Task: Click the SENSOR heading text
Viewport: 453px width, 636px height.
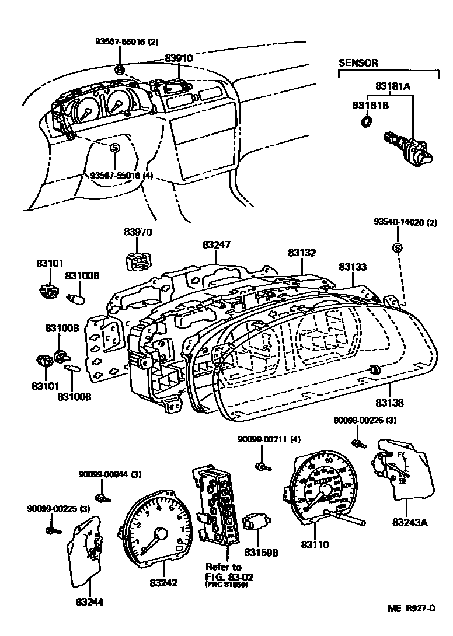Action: [x=358, y=62]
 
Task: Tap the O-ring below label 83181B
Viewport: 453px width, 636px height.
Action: [x=367, y=121]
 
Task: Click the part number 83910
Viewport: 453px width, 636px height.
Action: [x=178, y=58]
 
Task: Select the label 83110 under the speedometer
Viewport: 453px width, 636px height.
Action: [x=315, y=545]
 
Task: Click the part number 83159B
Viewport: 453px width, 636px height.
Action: [x=261, y=552]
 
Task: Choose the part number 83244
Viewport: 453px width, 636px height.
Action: [x=90, y=600]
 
